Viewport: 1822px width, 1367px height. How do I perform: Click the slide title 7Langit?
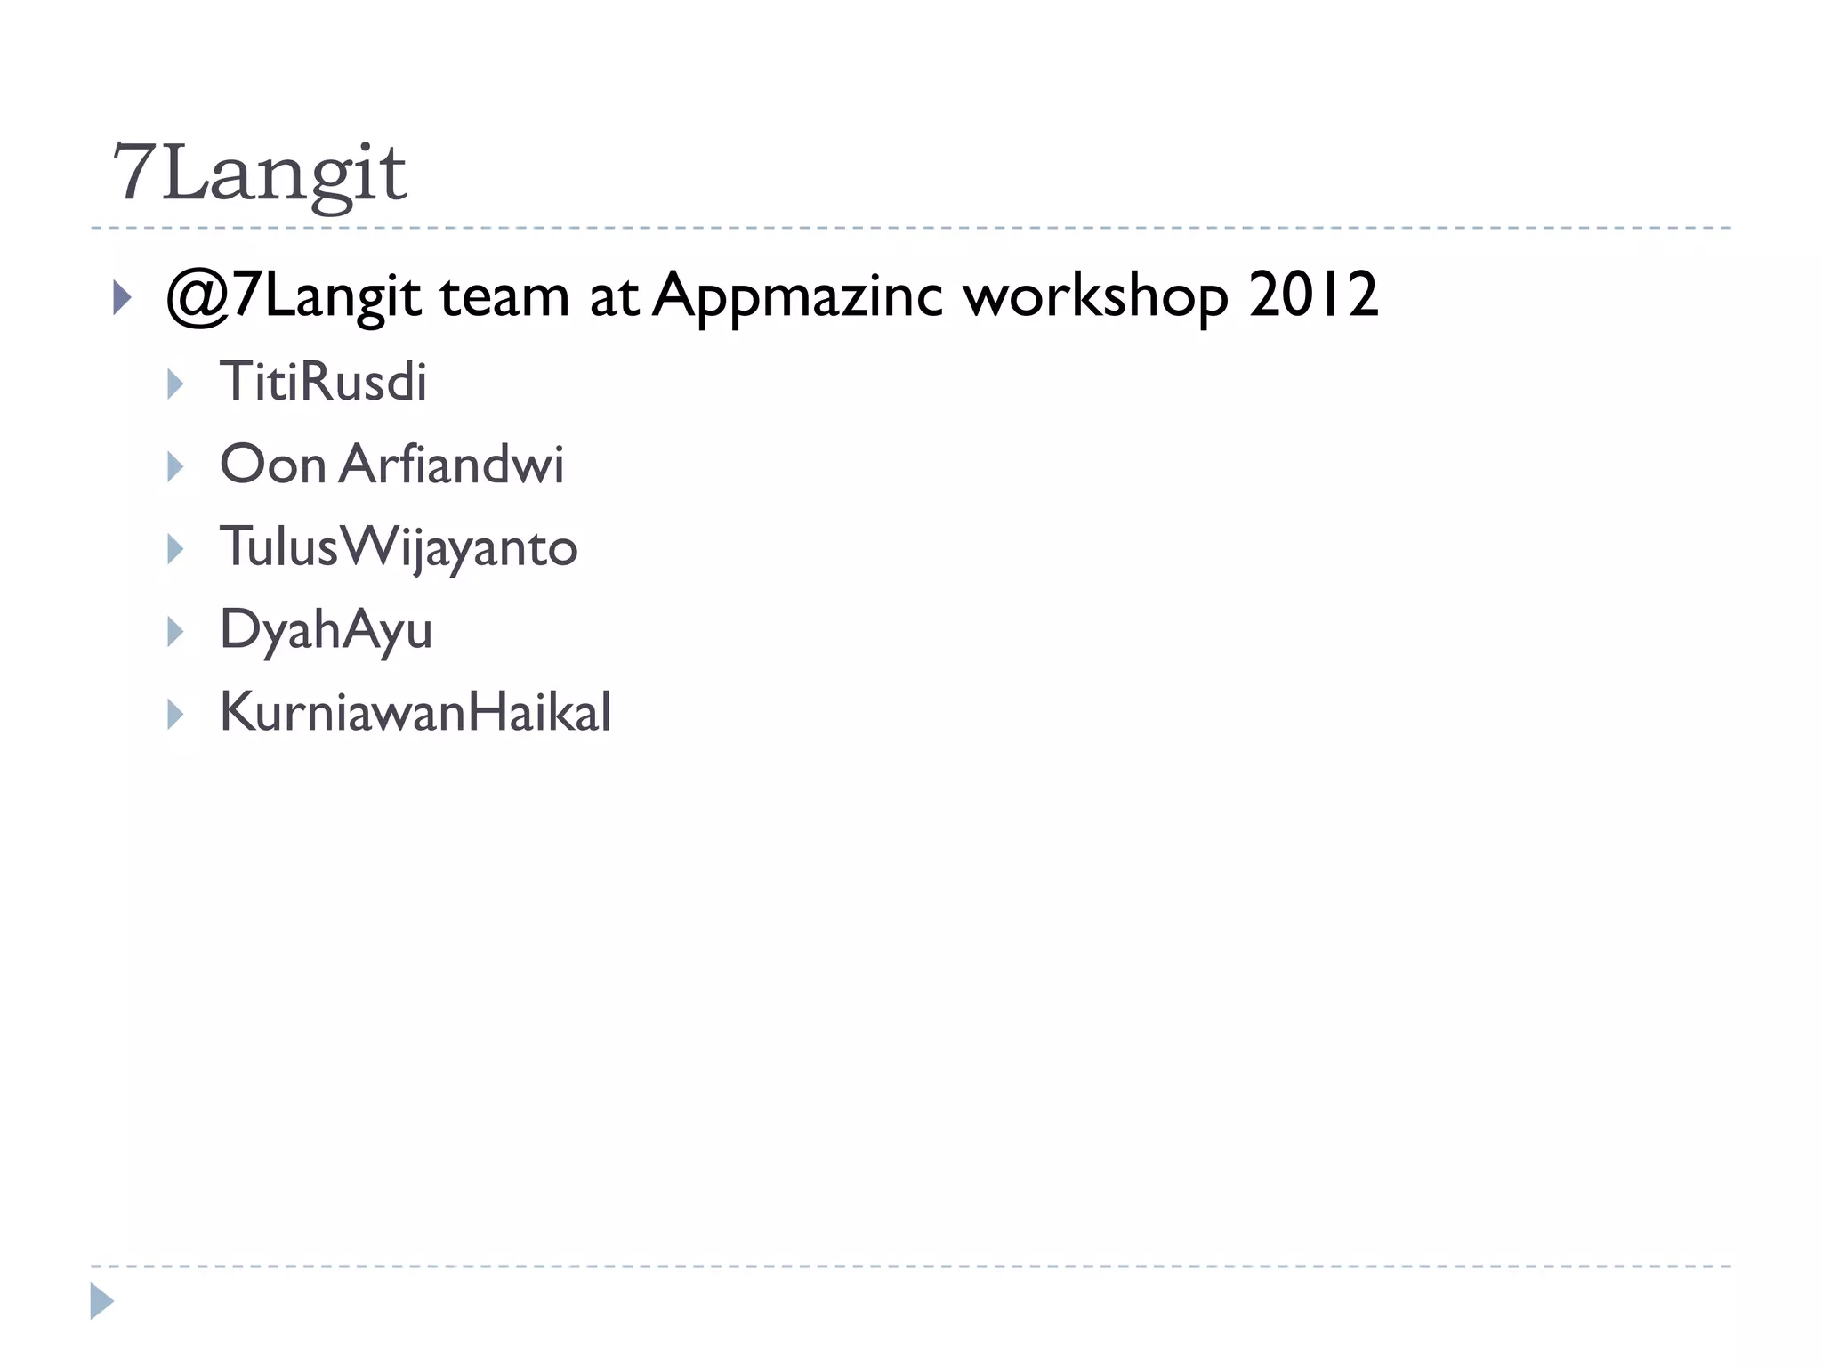coord(259,173)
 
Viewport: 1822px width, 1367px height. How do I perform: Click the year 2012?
coord(1313,295)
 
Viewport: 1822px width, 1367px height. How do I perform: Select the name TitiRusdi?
coord(323,382)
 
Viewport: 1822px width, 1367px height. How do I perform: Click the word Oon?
coord(273,465)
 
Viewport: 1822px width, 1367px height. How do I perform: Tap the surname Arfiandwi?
coord(451,465)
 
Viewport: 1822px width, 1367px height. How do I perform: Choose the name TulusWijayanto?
coord(399,546)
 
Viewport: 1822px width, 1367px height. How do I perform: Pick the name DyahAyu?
coord(326,630)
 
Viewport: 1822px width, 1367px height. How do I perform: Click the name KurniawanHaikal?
coord(415,712)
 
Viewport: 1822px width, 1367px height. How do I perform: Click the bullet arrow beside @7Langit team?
coord(123,298)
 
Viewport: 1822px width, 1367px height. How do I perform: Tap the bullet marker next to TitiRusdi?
coord(175,384)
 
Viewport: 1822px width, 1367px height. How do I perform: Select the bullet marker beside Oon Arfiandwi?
coord(175,466)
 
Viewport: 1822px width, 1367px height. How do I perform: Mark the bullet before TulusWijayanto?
coord(175,549)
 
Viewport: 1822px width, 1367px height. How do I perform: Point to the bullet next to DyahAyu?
coord(175,632)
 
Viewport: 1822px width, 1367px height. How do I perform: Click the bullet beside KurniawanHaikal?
coord(175,714)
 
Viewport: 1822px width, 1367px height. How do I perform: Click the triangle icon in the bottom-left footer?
coord(101,1301)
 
